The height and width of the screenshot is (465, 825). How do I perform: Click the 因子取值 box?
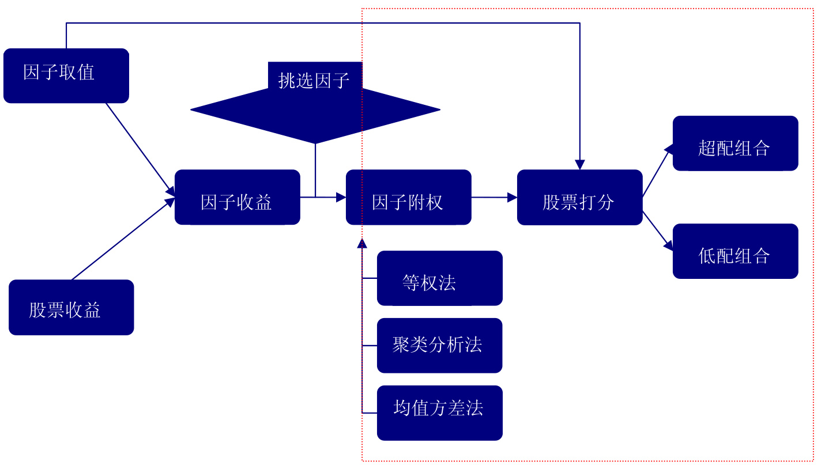66,75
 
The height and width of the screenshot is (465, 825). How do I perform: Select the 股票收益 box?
71,307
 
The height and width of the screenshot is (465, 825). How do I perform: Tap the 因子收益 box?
238,197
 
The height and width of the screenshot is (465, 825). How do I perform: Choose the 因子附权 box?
409,197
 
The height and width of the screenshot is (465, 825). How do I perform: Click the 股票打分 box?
580,197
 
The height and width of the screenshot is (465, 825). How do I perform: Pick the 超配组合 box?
736,143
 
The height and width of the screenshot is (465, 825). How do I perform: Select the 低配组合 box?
736,251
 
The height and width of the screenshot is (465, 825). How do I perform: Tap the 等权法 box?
440,278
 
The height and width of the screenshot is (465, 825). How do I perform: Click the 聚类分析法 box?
440,346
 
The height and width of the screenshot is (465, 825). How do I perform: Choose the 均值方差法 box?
440,413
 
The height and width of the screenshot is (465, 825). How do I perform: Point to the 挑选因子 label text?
314,80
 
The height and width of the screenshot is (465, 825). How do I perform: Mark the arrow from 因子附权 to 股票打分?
494,197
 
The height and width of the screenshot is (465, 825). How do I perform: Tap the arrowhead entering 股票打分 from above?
580,165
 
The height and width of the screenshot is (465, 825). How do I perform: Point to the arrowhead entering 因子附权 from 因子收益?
341,197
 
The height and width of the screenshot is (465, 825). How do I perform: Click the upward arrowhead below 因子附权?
362,243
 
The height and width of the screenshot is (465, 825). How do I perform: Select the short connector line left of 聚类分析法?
370,346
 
